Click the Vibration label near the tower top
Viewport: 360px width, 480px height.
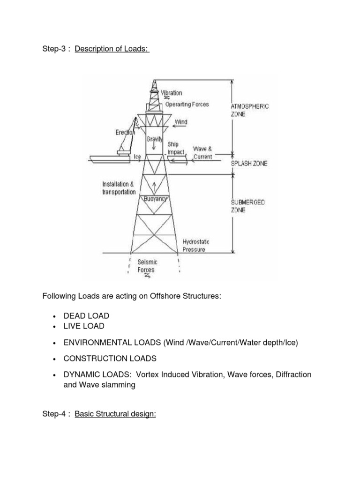click(x=172, y=93)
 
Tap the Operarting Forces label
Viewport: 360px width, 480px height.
click(x=187, y=104)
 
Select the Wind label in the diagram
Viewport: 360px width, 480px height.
click(x=181, y=122)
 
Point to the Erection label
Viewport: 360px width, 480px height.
click(x=125, y=133)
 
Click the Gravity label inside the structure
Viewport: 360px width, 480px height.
click(x=154, y=139)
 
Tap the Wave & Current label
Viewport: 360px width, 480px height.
click(x=203, y=153)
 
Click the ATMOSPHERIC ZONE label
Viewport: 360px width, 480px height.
click(x=250, y=110)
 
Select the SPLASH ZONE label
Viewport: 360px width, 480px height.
click(x=249, y=164)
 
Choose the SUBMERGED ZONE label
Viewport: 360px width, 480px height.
click(x=247, y=206)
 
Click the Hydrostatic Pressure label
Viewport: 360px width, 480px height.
click(x=196, y=246)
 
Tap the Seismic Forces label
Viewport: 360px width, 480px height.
click(x=146, y=266)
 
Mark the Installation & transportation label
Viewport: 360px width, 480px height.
click(x=119, y=188)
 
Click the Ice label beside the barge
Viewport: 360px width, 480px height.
click(x=137, y=157)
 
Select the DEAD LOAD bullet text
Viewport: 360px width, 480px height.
click(x=87, y=316)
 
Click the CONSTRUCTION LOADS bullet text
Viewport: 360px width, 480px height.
click(x=110, y=359)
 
